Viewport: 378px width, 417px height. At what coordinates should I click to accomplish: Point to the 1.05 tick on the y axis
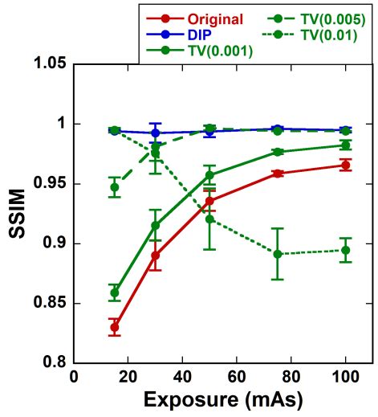[x=50, y=64]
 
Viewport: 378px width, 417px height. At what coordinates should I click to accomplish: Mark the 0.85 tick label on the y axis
[x=50, y=304]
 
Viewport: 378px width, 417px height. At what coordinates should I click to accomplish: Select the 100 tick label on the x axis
[x=345, y=376]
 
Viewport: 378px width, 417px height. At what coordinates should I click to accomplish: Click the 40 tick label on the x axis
[x=182, y=376]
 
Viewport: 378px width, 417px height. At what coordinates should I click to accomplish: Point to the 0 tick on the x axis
[x=75, y=376]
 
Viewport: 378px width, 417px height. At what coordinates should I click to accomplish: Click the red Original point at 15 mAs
[x=115, y=327]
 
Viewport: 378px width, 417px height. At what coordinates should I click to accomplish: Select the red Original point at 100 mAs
[x=345, y=165]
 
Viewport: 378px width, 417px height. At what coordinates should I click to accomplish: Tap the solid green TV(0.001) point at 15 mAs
[x=115, y=292]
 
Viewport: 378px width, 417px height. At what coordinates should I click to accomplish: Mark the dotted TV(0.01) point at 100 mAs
[x=345, y=250]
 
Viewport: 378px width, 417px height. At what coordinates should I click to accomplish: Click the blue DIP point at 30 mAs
[x=156, y=133]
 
